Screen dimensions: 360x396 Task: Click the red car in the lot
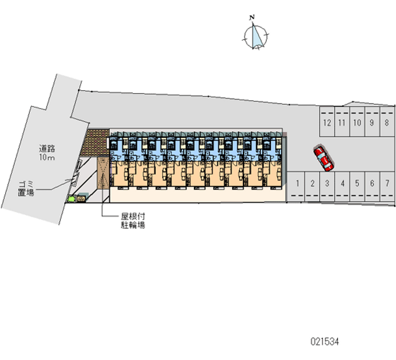323,158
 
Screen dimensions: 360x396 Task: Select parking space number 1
297,183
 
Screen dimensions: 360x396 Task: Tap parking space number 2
312,183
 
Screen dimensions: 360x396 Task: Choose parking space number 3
327,183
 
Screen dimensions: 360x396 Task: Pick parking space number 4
343,183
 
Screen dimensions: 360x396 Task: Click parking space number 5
357,183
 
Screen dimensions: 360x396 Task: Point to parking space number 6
372,183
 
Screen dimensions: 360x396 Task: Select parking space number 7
387,183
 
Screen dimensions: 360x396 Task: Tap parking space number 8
387,123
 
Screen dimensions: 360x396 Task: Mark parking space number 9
372,123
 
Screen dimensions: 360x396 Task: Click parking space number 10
356,123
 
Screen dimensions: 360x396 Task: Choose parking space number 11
342,123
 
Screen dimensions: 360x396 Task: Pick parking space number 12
327,123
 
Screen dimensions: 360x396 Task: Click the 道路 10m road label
48,153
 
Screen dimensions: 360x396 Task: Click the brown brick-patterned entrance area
97,143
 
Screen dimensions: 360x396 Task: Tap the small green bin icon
72,199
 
